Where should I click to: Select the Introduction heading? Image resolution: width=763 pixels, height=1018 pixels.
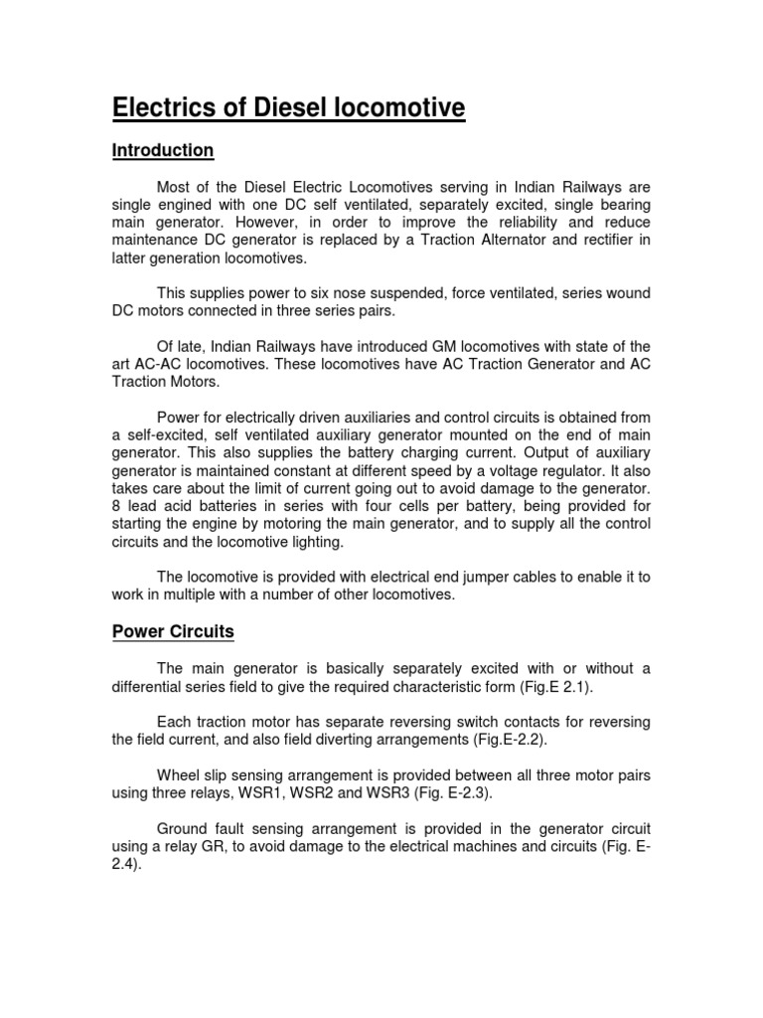point(162,151)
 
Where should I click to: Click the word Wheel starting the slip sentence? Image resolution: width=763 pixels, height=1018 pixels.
point(180,775)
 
